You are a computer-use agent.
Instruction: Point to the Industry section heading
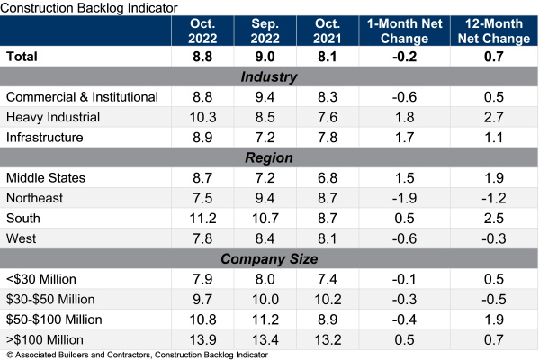[270, 76]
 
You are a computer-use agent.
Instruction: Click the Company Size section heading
[270, 258]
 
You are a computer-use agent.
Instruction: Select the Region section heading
[270, 157]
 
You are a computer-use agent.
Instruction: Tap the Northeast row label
[35, 198]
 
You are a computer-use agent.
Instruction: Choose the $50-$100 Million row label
[56, 319]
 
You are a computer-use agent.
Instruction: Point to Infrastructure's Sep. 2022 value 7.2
[264, 136]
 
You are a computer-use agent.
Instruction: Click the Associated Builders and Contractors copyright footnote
[135, 355]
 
